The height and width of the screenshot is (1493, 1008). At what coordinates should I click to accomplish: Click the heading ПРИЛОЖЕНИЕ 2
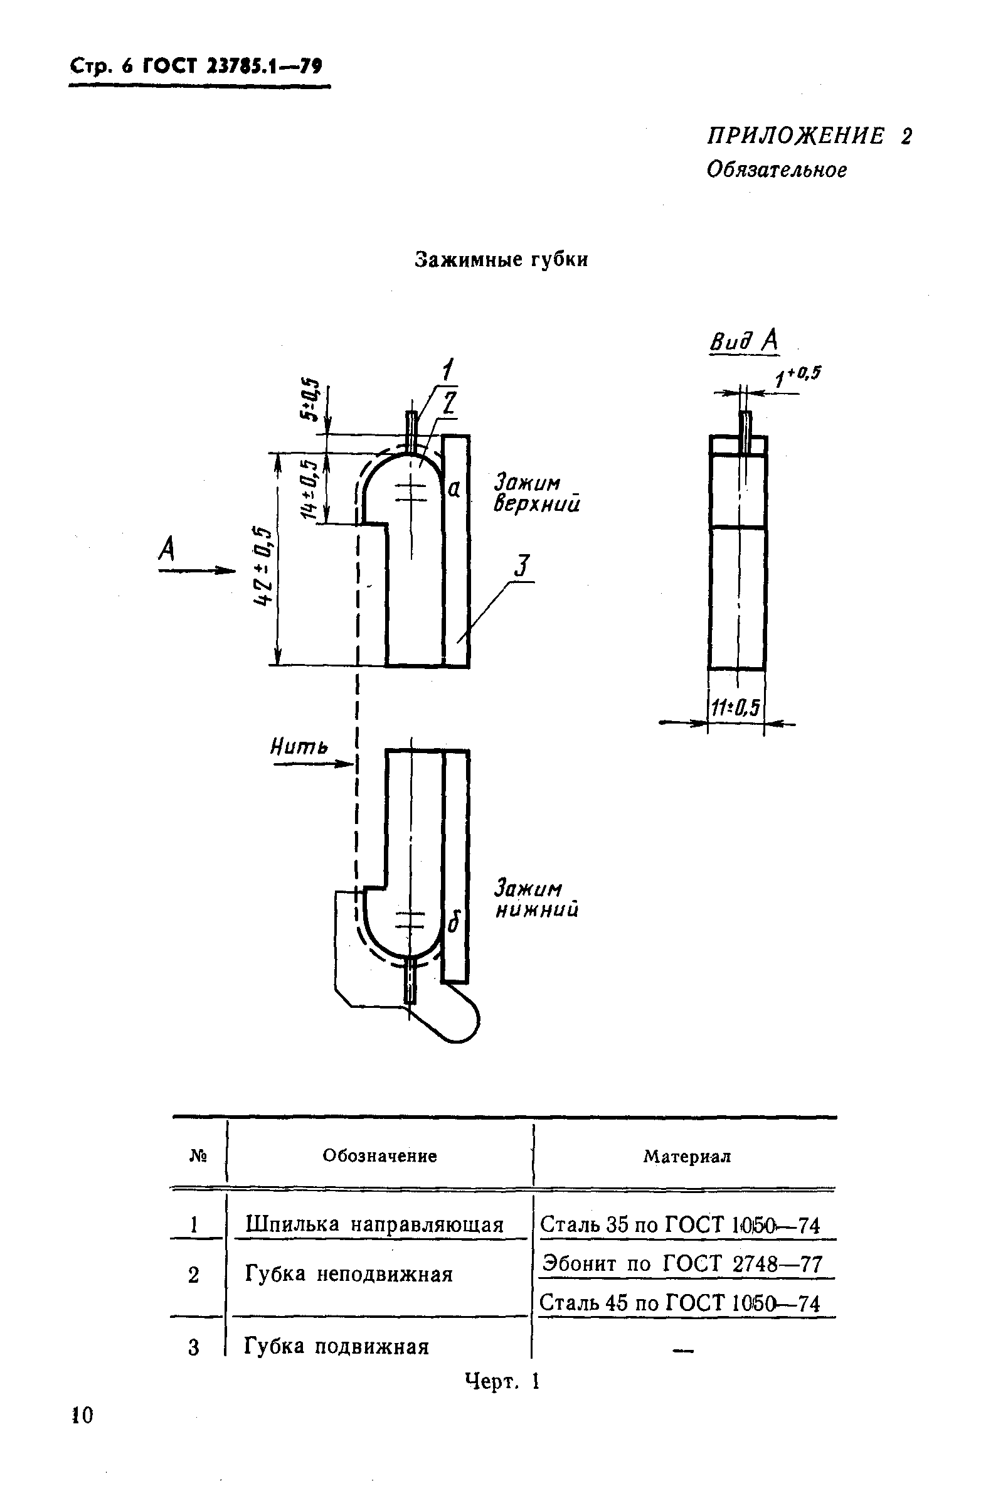(809, 136)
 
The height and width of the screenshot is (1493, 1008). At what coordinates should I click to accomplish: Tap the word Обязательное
(776, 169)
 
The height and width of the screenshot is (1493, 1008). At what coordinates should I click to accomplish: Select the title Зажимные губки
(501, 259)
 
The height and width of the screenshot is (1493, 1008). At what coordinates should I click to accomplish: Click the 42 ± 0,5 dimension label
(262, 565)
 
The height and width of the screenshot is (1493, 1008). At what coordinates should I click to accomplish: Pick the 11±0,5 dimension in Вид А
(736, 708)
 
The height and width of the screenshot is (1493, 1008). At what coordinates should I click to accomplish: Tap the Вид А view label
(744, 341)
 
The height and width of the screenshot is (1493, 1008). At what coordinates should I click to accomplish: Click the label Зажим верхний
(536, 493)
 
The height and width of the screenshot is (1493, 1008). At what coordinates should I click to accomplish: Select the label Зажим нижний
(536, 899)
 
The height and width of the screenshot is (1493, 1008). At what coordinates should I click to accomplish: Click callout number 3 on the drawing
(523, 566)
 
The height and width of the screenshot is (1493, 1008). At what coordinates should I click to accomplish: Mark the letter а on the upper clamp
(454, 490)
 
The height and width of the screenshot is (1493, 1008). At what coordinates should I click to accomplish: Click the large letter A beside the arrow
(167, 549)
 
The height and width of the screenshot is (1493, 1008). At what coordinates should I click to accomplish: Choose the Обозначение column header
(379, 1156)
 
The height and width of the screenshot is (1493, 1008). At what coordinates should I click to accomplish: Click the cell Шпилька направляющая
(374, 1224)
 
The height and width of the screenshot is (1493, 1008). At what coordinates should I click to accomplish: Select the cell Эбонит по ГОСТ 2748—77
(682, 1264)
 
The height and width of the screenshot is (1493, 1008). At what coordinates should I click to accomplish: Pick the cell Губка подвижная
(336, 1346)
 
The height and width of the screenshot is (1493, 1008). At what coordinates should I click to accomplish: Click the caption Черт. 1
(502, 1381)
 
